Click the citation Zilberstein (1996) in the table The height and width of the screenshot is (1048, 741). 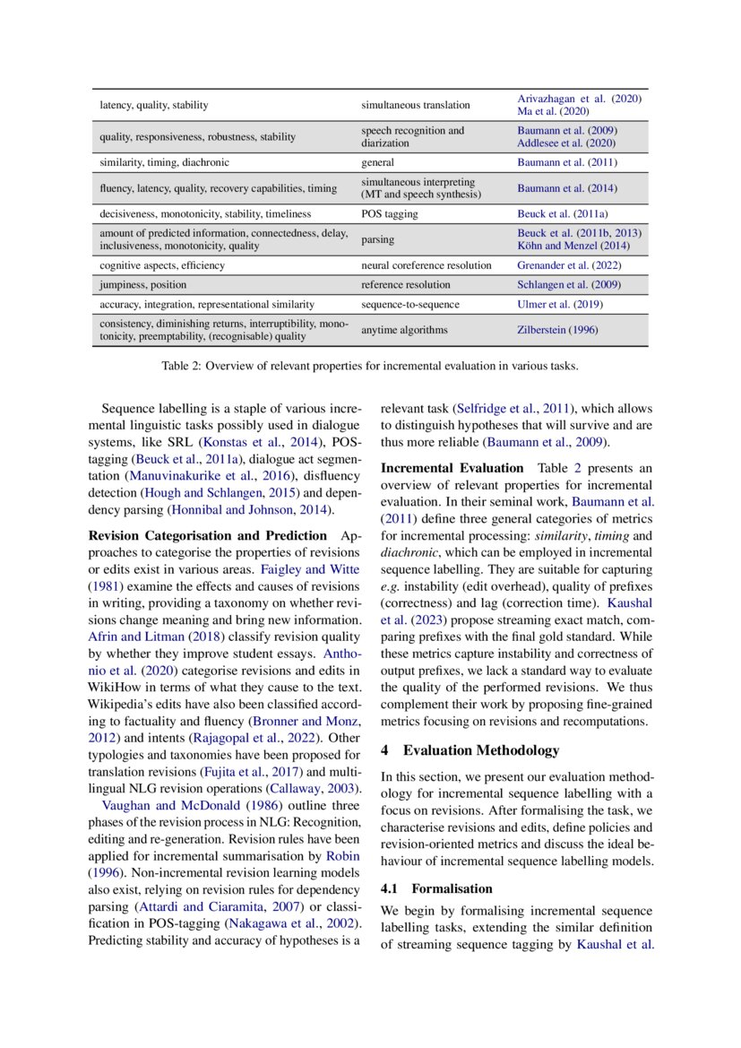(x=557, y=330)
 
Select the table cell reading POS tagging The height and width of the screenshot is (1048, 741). (x=390, y=214)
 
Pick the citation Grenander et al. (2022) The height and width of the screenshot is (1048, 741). (x=570, y=265)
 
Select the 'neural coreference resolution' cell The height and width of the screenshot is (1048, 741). (x=427, y=265)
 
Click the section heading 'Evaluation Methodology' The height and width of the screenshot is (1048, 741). (x=480, y=750)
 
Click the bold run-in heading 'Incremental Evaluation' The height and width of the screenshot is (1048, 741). (x=452, y=468)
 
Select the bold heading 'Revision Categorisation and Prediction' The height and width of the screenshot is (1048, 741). (x=208, y=536)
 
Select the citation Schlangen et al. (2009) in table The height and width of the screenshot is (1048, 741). (x=568, y=285)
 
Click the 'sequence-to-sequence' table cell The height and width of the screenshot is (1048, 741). (x=409, y=305)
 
